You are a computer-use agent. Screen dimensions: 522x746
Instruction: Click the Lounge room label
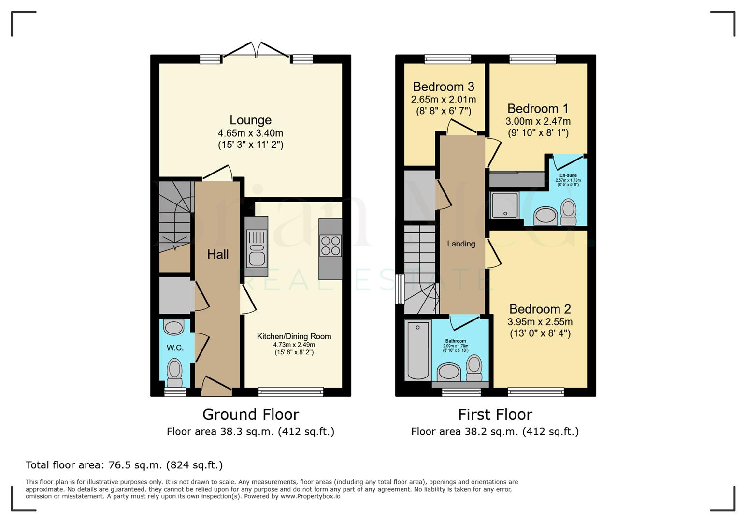(x=250, y=120)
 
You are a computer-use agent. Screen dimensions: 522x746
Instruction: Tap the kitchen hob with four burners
(x=330, y=246)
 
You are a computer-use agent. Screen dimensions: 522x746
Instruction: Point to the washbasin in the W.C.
(x=174, y=327)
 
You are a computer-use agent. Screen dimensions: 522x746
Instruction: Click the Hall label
(x=218, y=254)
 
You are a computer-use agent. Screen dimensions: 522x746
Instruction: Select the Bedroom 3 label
(x=443, y=87)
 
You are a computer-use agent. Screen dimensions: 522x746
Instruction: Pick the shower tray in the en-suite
(x=505, y=205)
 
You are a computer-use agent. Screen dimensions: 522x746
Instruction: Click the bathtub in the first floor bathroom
(x=418, y=350)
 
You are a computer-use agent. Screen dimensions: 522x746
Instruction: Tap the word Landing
(x=461, y=244)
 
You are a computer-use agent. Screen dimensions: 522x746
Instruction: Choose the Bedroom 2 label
(x=540, y=309)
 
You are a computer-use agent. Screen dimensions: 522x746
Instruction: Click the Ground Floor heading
(x=250, y=414)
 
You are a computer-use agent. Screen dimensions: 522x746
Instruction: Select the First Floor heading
(x=495, y=414)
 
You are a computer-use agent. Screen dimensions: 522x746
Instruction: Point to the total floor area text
(x=124, y=465)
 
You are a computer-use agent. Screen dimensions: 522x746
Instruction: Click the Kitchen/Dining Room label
(x=294, y=336)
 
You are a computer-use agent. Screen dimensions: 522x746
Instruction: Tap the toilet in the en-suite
(x=568, y=212)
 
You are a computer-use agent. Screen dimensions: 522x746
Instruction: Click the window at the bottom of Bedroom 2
(x=535, y=391)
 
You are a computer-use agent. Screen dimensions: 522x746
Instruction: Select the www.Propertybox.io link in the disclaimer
(x=310, y=496)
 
